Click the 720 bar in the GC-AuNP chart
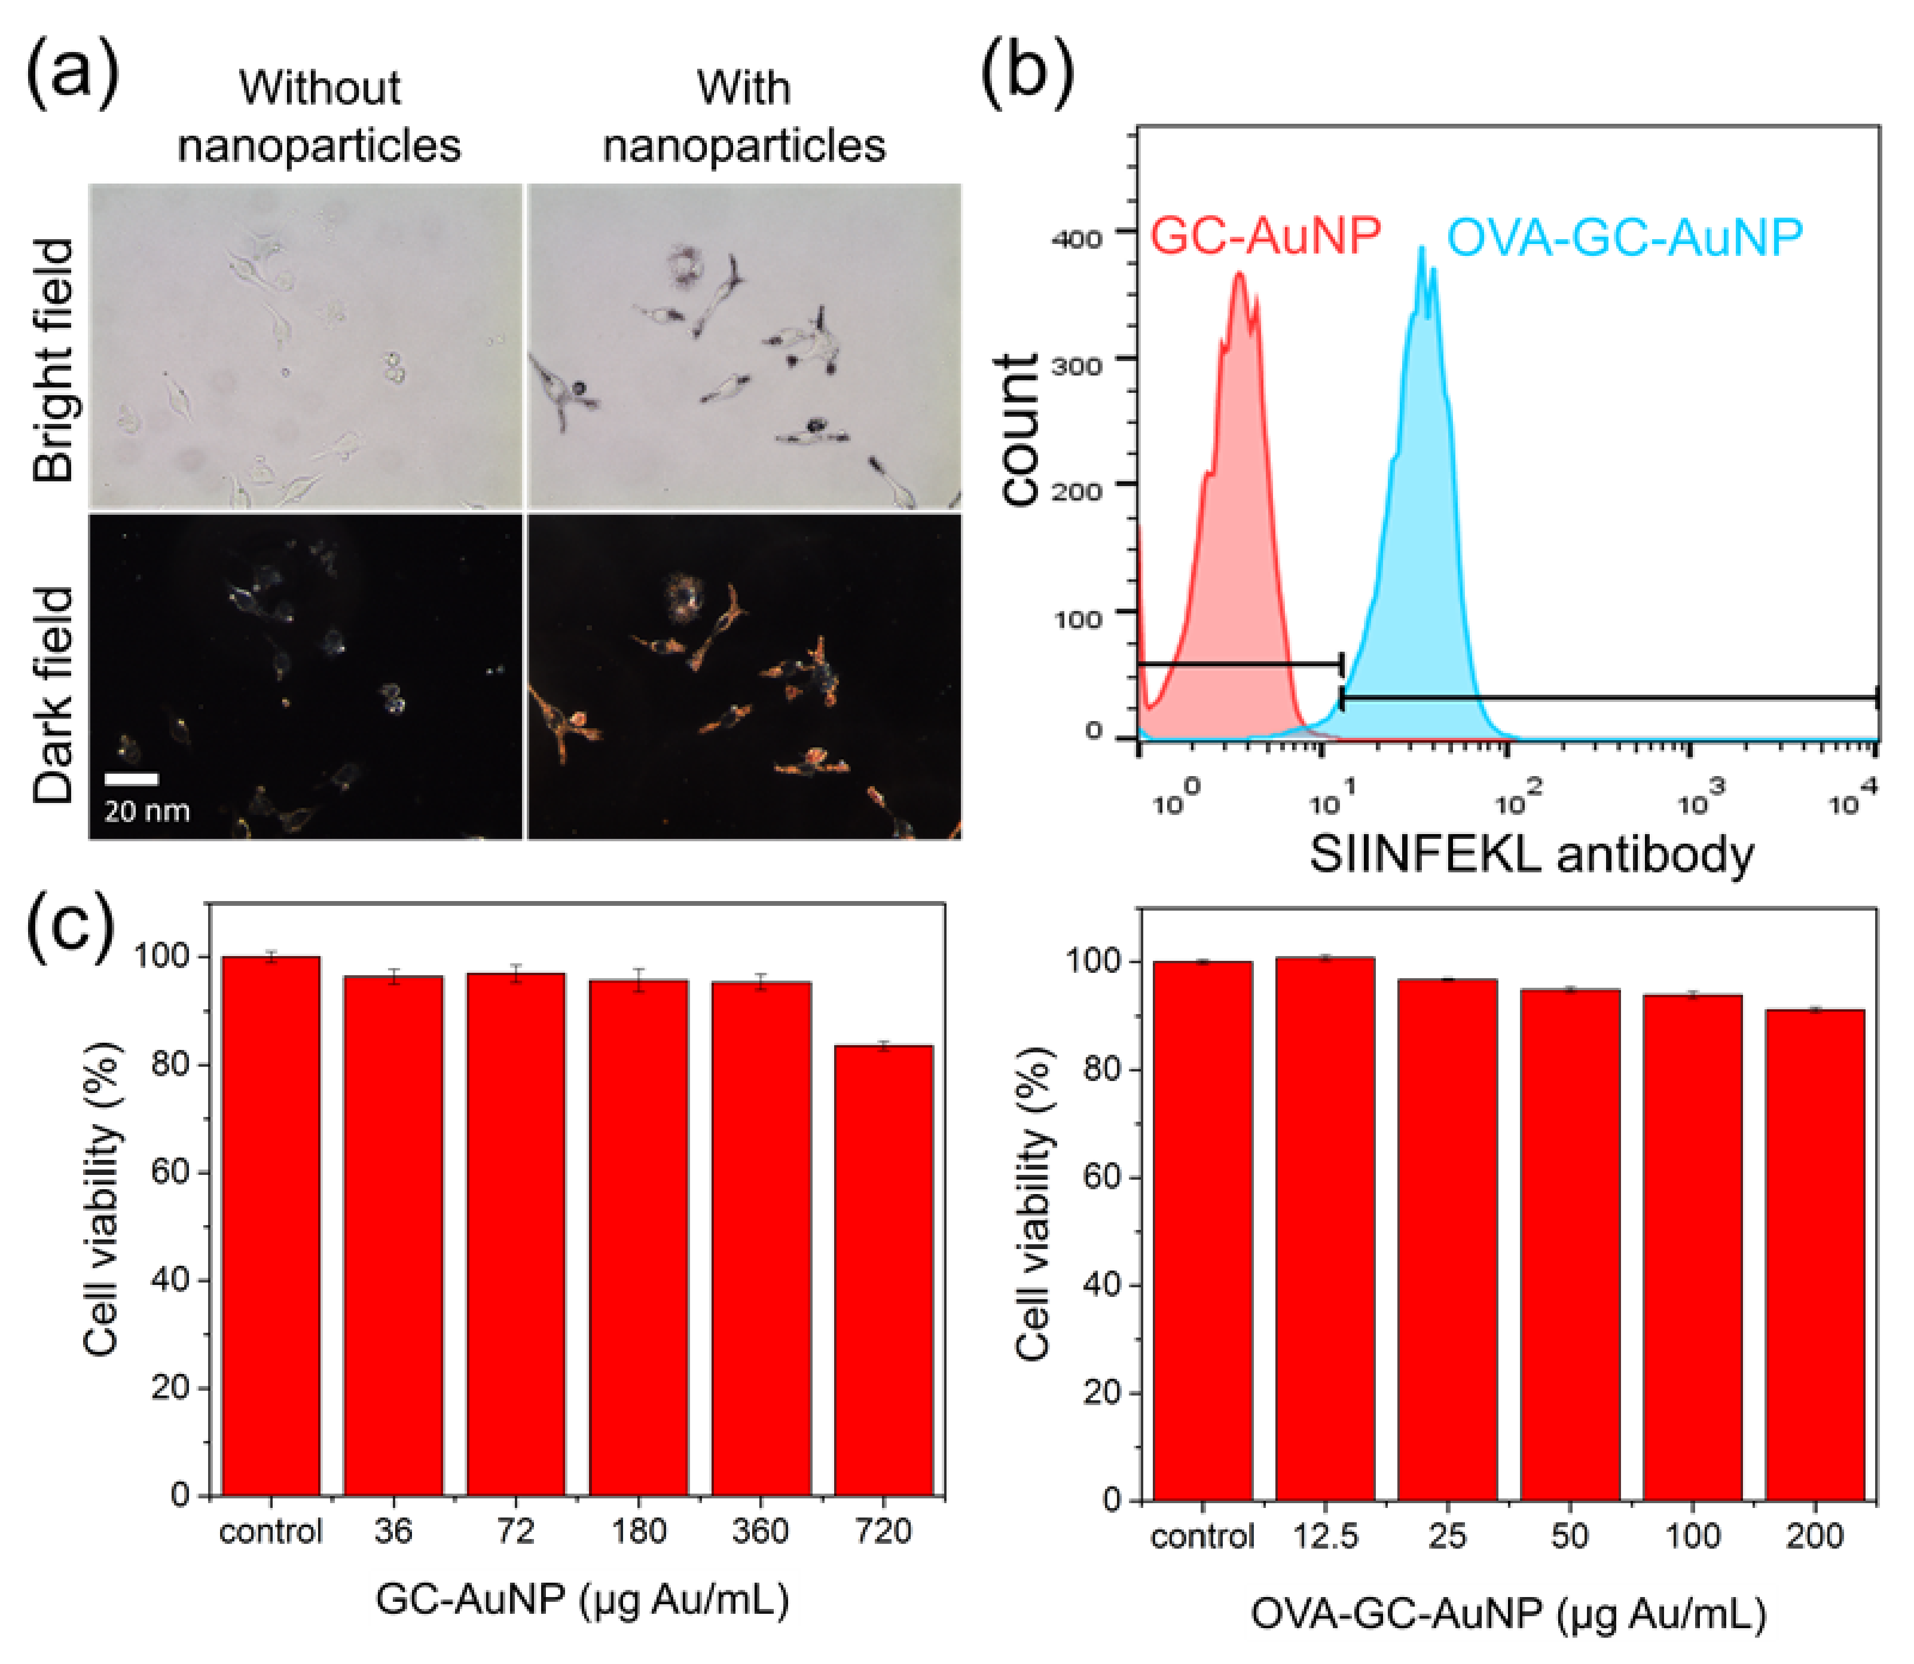[x=883, y=1272]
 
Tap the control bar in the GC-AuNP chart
[x=270, y=1226]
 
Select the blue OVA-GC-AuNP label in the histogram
[x=1624, y=238]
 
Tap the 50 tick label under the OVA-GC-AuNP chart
[x=1570, y=1536]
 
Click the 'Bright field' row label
[x=53, y=361]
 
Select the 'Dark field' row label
[x=53, y=695]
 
